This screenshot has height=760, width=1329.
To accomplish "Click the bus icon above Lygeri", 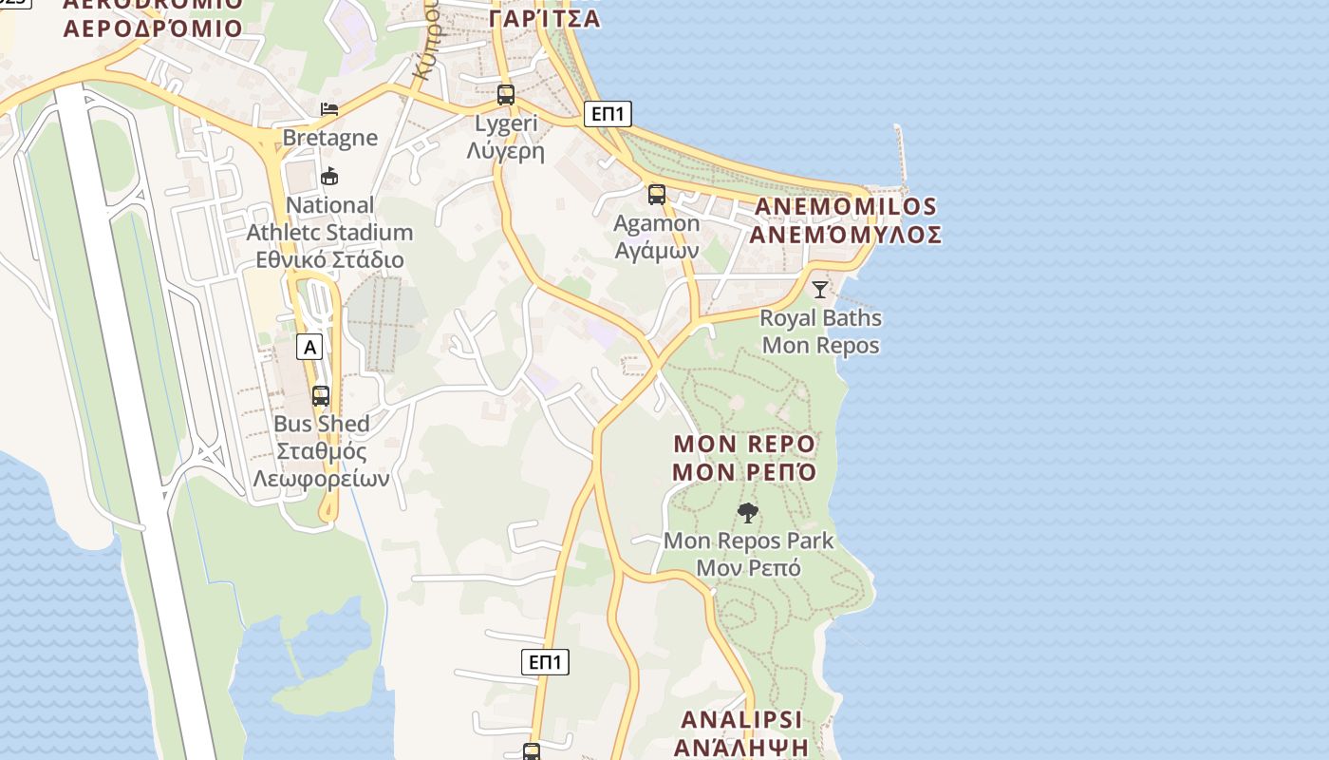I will pos(506,95).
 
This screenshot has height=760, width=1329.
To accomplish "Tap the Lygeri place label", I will pos(506,137).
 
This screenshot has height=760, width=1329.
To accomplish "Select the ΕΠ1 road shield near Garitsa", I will pos(608,114).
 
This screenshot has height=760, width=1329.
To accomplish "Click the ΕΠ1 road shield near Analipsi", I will pos(545,662).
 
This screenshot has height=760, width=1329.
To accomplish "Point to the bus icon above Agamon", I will pos(657,195).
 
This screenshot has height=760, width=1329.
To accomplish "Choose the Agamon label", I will pos(657,237).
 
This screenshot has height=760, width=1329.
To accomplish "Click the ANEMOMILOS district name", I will pos(846,220).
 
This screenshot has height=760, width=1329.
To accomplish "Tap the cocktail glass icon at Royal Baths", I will pos(820,289).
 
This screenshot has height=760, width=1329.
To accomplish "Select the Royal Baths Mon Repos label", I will pos(821,332).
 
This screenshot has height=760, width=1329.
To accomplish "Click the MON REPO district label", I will pos(744,458).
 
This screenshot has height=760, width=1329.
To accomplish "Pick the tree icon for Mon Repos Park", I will pos(748,513).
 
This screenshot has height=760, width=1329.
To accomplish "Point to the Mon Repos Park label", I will pos(748,554).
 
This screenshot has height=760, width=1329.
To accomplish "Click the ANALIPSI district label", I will pos(741,732).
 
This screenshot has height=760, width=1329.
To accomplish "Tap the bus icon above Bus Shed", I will pos(321,396).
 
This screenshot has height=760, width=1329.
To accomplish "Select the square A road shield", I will pos(309,347).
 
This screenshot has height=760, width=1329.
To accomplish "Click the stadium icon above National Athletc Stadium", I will pos(329,176).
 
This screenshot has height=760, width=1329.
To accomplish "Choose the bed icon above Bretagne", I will pos(329,109).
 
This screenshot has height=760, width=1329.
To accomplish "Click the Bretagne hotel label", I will pos(330,138).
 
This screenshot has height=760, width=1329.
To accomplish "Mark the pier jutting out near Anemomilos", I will pos(900,152).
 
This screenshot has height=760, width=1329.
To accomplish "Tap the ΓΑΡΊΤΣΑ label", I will pos(545,18).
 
